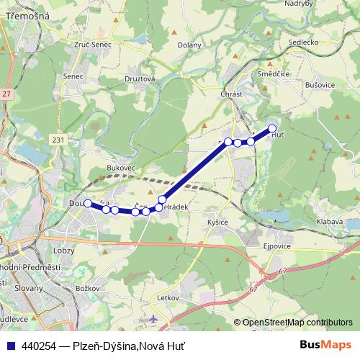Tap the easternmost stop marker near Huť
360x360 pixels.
272,129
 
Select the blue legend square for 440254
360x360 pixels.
12,345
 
